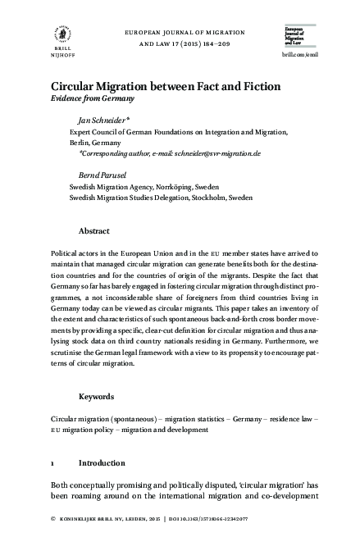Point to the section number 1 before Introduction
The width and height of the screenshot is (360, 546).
[x=53, y=462]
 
